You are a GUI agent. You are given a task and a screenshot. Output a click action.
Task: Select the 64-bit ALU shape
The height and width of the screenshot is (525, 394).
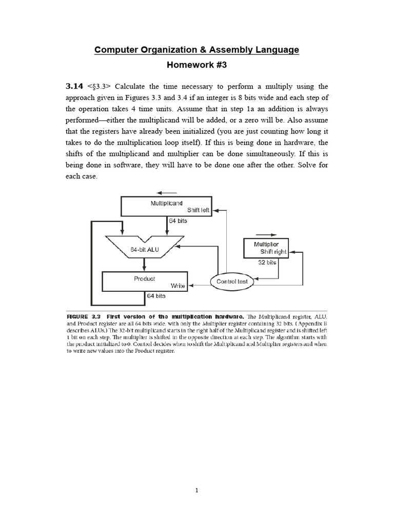click(x=144, y=249)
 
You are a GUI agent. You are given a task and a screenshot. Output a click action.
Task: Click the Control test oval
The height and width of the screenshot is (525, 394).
click(x=232, y=281)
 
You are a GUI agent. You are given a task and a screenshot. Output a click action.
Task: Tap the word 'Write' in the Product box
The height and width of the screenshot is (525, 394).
click(x=178, y=286)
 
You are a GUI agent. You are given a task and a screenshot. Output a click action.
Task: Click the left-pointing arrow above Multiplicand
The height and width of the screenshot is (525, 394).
click(x=167, y=193)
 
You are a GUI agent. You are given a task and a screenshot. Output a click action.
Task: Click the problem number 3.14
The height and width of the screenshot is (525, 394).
click(x=74, y=86)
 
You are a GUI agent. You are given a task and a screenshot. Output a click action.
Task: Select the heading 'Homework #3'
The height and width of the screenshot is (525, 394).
click(x=196, y=65)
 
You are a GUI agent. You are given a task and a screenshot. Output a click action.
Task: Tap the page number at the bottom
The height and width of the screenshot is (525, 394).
click(x=196, y=490)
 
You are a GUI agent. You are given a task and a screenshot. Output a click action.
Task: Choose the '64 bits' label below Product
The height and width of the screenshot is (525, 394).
click(x=156, y=296)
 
